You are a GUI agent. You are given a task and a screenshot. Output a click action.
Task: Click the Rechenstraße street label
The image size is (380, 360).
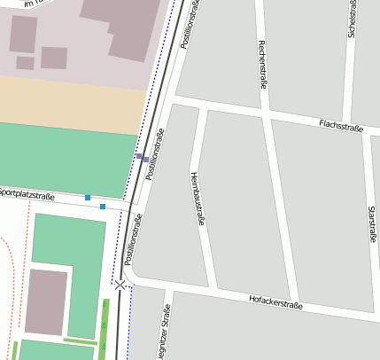click(x=261, y=64)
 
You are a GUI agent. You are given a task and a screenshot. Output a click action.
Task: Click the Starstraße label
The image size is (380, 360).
click(x=369, y=227)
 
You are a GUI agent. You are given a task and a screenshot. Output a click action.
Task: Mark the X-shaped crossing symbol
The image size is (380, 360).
click(x=120, y=285)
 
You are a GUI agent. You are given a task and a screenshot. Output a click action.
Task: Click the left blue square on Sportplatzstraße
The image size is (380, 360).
click(x=88, y=197)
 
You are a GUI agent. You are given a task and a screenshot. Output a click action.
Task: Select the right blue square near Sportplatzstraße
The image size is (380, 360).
click(x=103, y=207)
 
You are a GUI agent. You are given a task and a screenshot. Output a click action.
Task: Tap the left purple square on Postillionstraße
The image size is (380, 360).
click(x=139, y=156)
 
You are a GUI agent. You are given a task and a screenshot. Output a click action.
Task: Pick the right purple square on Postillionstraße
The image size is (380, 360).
click(x=146, y=160)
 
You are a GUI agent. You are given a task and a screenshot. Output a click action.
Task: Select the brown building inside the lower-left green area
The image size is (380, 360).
click(x=46, y=301)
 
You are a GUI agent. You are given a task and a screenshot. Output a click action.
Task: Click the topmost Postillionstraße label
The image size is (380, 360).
click(x=187, y=24)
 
